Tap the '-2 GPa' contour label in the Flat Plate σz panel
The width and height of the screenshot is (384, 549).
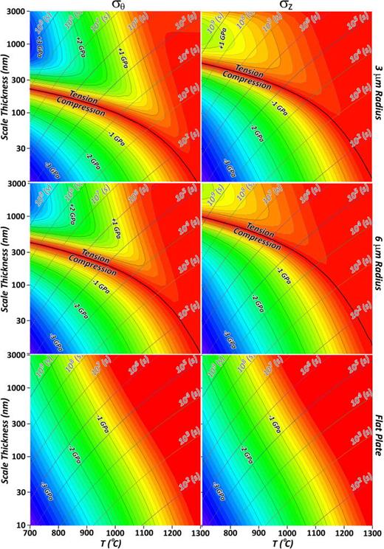tap(264, 448)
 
